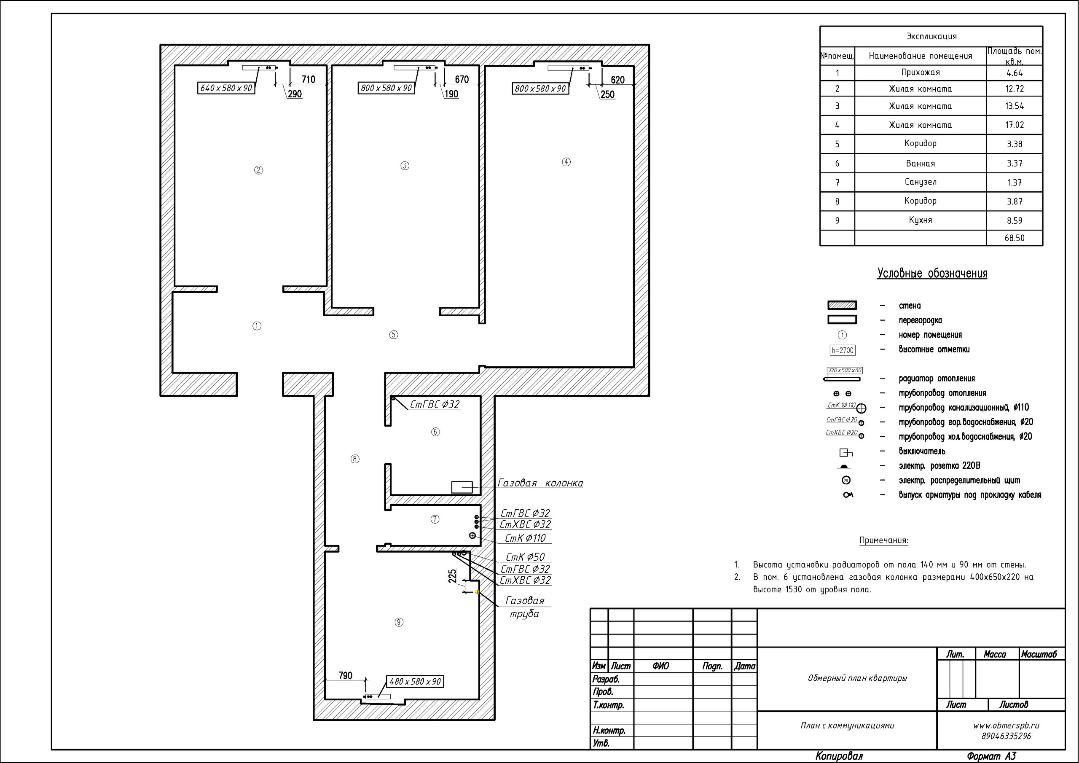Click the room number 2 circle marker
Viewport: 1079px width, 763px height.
(258, 170)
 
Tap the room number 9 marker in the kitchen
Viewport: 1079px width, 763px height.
(399, 622)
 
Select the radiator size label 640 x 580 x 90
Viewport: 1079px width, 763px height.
(226, 88)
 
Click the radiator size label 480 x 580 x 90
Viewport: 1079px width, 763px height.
(415, 681)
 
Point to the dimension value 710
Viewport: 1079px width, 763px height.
(308, 79)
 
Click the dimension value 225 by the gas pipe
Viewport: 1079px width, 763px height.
(453, 577)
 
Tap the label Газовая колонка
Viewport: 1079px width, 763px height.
(540, 483)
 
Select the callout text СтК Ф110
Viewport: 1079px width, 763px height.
(526, 538)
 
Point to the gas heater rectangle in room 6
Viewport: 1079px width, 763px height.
(462, 487)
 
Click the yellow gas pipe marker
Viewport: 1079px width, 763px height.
(477, 592)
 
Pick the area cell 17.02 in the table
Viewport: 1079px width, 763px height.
(1015, 125)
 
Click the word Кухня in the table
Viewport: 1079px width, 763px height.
(920, 220)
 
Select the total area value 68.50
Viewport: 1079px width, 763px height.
(1015, 238)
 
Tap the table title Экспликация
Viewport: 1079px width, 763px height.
(931, 36)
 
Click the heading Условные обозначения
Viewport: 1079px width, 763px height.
(932, 274)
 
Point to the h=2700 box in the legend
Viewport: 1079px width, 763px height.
(843, 350)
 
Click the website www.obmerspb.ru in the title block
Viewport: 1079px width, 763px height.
(1006, 725)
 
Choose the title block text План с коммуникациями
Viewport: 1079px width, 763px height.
(847, 725)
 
